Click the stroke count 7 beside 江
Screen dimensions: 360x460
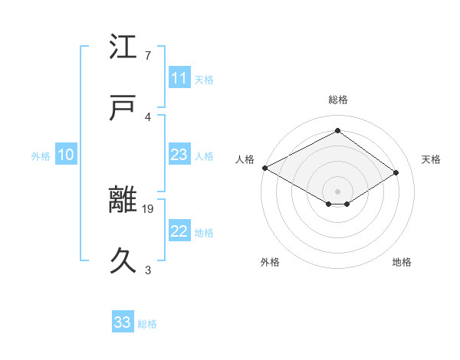[148, 56]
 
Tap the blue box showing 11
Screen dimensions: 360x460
[179, 78]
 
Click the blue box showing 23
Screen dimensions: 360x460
[179, 155]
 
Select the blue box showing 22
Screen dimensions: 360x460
[179, 232]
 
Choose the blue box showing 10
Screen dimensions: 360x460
[65, 155]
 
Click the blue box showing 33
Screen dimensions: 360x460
[122, 322]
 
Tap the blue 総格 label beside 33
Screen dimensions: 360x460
[147, 324]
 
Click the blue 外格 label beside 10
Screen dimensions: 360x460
[40, 156]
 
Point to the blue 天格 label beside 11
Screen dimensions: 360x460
[204, 80]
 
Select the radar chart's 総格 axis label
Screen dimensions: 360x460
[337, 100]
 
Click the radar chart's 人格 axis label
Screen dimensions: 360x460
[245, 159]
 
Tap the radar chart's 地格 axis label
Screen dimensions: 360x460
[402, 262]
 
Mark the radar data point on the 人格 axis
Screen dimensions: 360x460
[264, 168]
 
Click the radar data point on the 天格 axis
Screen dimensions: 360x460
[396, 173]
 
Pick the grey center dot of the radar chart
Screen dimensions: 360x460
[337, 190]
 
